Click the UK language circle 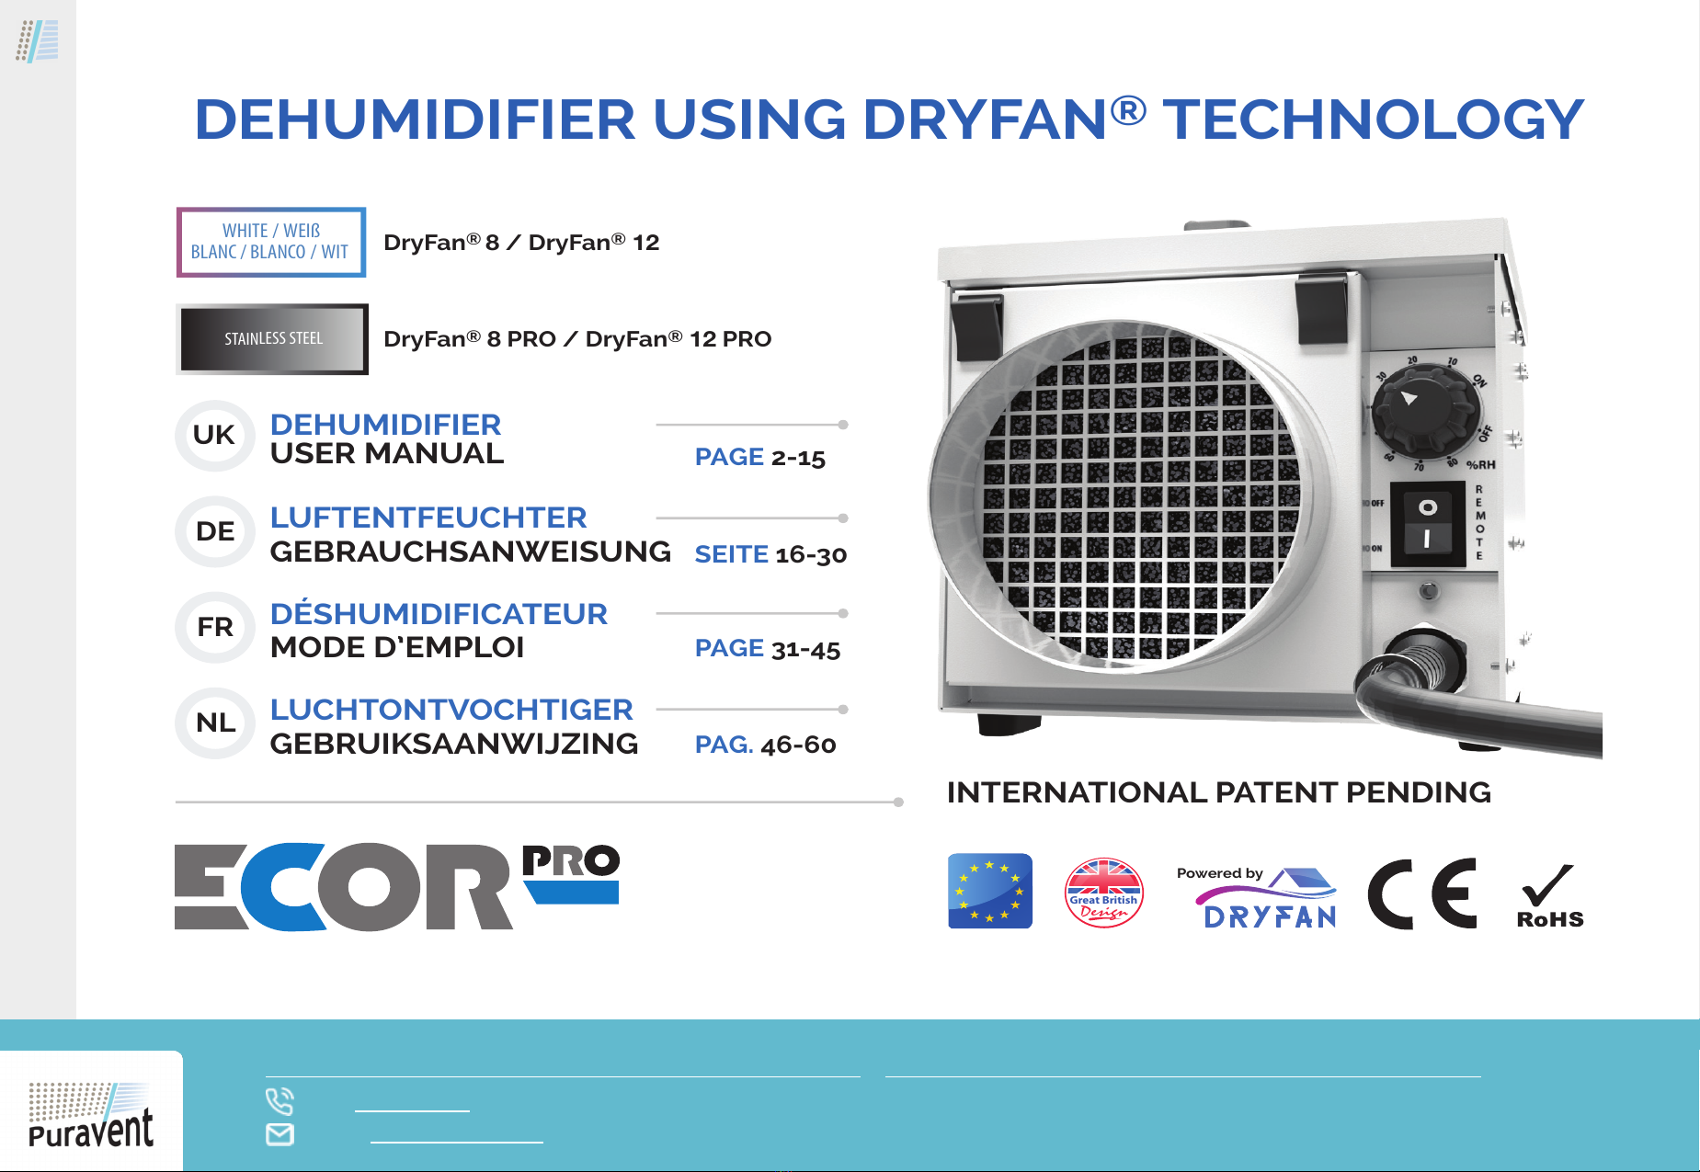click(214, 436)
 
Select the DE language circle click(214, 531)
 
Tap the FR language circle click(214, 628)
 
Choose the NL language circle click(214, 723)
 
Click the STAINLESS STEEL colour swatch click(272, 339)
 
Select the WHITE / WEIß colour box click(271, 242)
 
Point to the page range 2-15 click(798, 458)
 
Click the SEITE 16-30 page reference click(770, 554)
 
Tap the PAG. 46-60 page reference click(765, 745)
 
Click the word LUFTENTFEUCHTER click(428, 518)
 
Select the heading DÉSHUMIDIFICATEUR click(439, 613)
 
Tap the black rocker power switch click(1427, 523)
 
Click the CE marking click(1422, 893)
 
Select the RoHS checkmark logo click(1550, 897)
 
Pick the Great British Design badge click(1103, 893)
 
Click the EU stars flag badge click(990, 891)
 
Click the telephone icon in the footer click(280, 1100)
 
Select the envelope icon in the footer click(280, 1134)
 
